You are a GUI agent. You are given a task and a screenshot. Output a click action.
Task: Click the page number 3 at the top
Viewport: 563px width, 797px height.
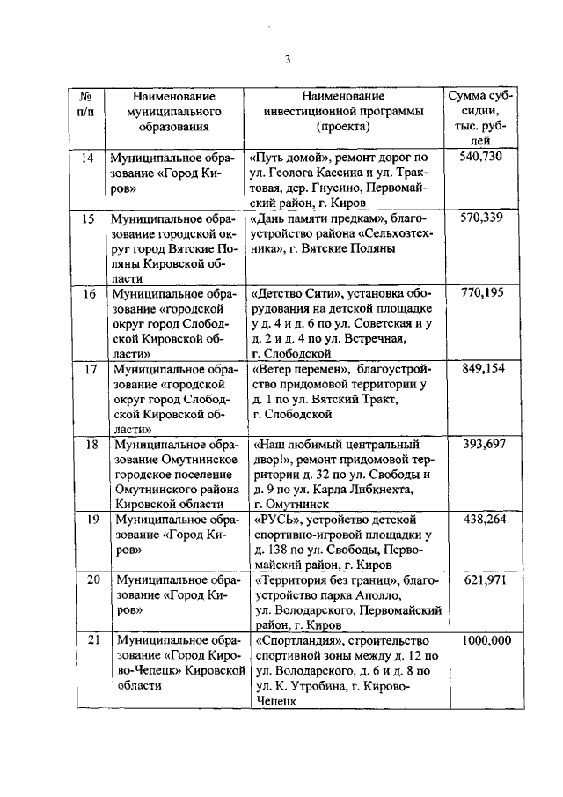point(287,60)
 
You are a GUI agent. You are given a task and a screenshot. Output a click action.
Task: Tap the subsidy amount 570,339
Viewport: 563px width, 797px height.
point(481,218)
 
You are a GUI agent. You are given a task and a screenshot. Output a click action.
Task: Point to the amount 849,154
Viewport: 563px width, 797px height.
point(481,369)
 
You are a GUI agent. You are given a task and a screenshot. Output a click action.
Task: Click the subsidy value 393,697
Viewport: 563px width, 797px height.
point(481,444)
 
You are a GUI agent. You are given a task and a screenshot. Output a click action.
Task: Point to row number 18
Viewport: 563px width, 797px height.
point(87,444)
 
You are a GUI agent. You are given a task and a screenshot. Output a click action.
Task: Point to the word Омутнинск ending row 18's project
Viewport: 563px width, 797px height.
point(290,505)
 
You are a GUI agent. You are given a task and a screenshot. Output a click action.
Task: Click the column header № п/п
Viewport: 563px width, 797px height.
point(87,104)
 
